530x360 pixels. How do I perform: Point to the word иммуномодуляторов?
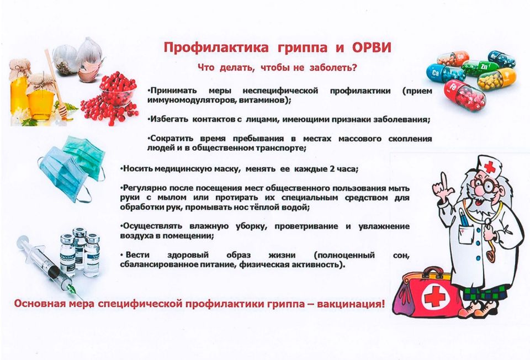click(x=189, y=100)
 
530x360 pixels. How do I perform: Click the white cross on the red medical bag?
click(x=433, y=298)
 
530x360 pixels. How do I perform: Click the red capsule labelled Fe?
click(x=463, y=94)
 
